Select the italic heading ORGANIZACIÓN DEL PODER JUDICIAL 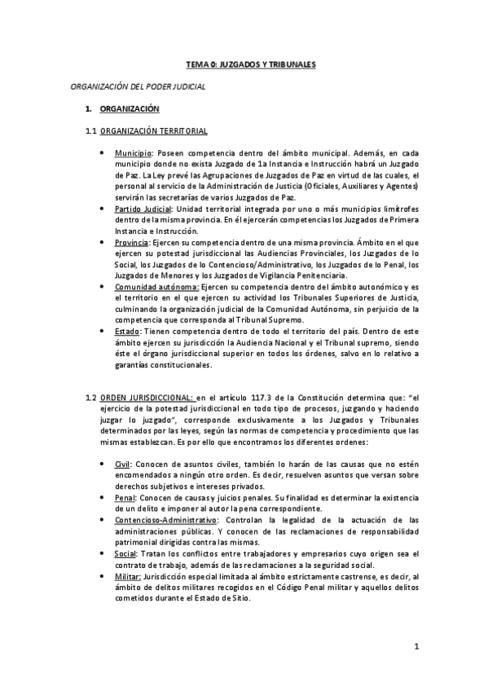[138, 86]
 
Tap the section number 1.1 [91, 130]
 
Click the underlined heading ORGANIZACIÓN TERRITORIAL [155, 130]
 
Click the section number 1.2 [91, 398]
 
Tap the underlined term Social [126, 552]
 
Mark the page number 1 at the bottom [415, 648]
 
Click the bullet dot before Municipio [100, 153]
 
